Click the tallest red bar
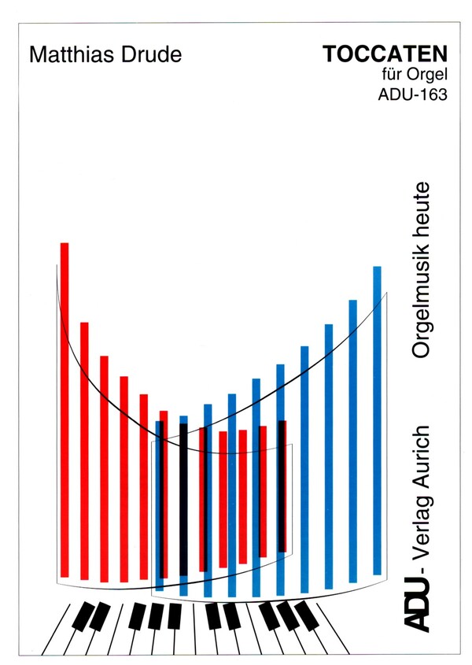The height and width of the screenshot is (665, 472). [65, 409]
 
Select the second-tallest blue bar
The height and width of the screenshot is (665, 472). [353, 441]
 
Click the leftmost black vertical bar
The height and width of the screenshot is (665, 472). [183, 499]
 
